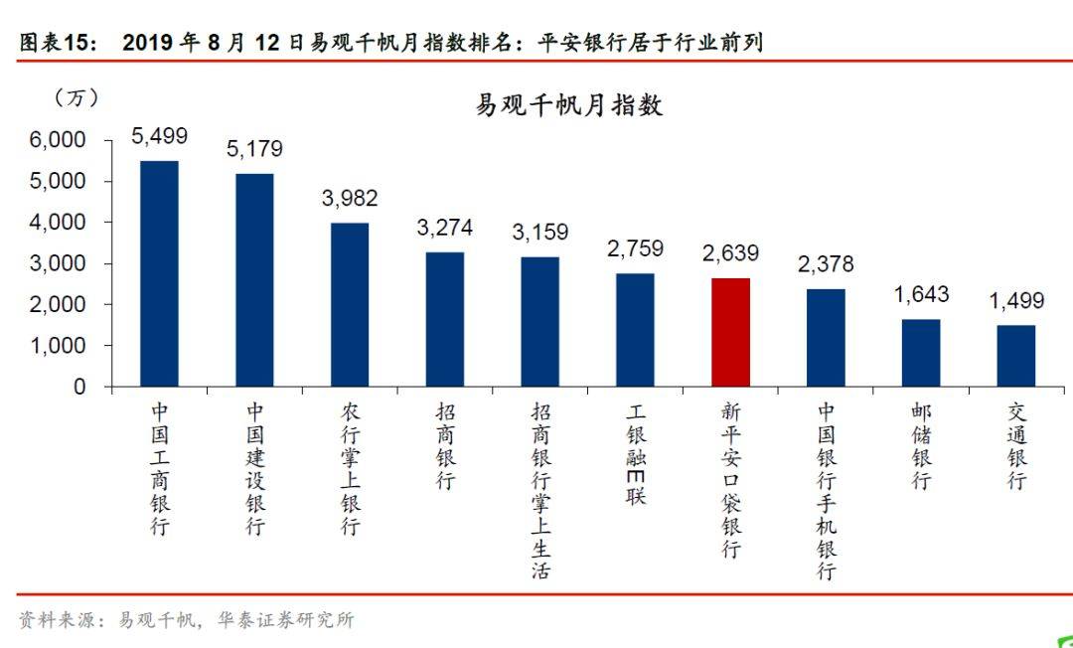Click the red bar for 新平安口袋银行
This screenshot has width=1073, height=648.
click(x=730, y=332)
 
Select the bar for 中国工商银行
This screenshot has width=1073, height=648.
click(x=159, y=273)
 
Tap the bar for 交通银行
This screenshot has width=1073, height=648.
click(x=1015, y=356)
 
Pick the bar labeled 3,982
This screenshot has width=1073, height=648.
click(x=350, y=304)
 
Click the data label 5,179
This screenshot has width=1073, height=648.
click(x=254, y=149)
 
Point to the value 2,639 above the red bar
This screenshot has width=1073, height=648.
click(x=730, y=254)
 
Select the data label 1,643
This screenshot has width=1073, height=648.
click(x=921, y=295)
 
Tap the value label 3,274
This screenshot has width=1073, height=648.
click(x=445, y=228)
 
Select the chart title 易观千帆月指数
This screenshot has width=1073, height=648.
click(x=569, y=105)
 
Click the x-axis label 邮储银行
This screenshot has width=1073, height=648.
click(x=921, y=445)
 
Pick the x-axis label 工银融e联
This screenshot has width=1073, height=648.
click(x=636, y=453)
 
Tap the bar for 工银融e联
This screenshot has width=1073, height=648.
click(x=635, y=329)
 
